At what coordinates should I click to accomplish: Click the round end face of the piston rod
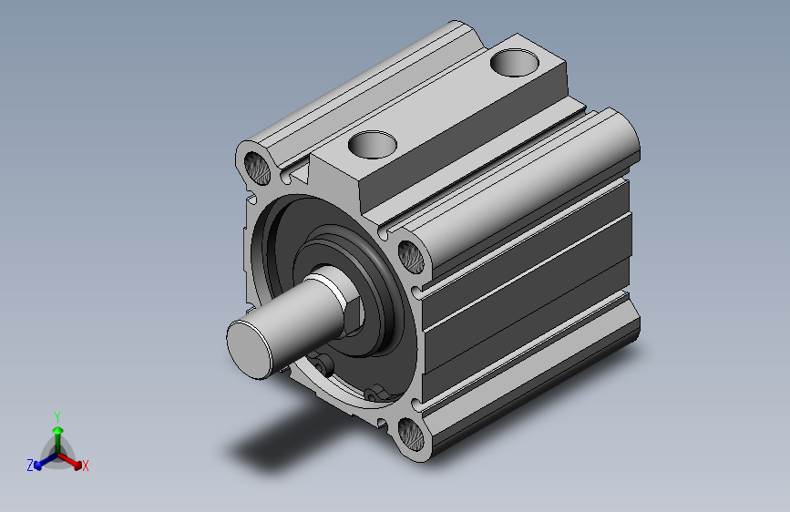249,349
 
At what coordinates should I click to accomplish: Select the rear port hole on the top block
515,63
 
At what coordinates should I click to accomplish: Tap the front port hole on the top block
373,145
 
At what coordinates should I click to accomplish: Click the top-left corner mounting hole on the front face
257,168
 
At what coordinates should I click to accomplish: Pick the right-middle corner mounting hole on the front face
411,257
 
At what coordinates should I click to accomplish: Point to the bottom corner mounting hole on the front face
411,435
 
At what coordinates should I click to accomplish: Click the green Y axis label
57,417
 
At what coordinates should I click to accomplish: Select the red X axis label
85,466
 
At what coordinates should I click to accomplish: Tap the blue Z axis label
30,466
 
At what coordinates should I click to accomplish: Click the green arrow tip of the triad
58,430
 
